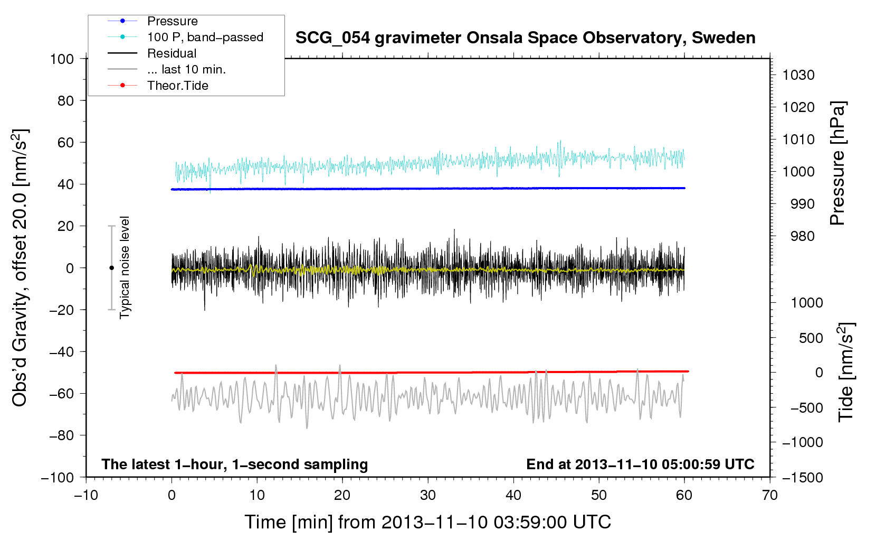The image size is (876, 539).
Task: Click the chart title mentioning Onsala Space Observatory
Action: click(525, 38)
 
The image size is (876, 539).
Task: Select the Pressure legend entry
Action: click(172, 21)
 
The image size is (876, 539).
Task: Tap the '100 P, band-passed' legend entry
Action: click(205, 37)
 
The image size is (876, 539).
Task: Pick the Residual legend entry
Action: click(172, 53)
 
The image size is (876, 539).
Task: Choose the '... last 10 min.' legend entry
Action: click(186, 69)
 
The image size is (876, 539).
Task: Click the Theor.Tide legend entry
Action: click(177, 86)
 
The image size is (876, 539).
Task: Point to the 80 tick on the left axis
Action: click(65, 100)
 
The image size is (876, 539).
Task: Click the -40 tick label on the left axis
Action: click(61, 351)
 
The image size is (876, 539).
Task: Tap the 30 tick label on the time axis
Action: click(428, 495)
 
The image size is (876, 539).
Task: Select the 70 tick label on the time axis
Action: click(770, 495)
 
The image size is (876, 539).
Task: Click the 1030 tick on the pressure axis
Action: click(798, 75)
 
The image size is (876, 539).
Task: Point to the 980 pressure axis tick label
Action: click(802, 236)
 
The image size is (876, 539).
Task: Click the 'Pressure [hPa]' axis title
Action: click(837, 163)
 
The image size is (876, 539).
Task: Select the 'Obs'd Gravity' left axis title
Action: click(20, 267)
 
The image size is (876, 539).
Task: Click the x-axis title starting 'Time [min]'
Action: click(427, 522)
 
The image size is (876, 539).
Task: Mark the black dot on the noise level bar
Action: click(111, 268)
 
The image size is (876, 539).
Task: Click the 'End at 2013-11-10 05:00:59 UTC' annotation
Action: click(640, 464)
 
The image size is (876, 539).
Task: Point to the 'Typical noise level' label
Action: click(125, 267)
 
